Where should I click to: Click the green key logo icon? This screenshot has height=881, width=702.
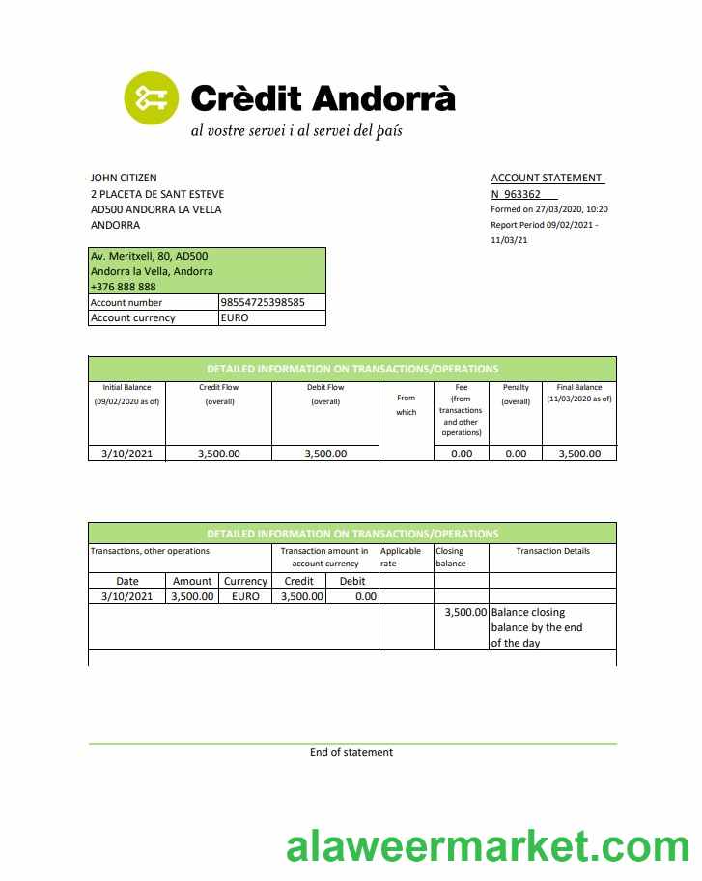click(x=152, y=97)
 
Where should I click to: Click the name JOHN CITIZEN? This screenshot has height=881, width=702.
click(x=124, y=178)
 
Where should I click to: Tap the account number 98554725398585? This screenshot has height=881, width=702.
click(x=263, y=302)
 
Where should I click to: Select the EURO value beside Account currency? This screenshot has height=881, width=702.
click(x=235, y=317)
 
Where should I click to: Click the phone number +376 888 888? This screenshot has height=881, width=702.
click(x=123, y=287)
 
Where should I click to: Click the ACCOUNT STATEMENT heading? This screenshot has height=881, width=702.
click(x=547, y=178)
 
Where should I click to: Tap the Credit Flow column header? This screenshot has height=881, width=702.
click(x=219, y=388)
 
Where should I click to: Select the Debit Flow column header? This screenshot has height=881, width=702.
click(x=325, y=388)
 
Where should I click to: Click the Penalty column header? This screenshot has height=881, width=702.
click(x=516, y=388)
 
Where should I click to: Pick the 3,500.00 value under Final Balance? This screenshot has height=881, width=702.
click(x=579, y=454)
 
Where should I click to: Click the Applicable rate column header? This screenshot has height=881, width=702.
click(x=400, y=557)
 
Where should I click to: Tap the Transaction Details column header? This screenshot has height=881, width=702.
click(x=552, y=551)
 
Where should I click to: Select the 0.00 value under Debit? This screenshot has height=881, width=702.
click(x=365, y=596)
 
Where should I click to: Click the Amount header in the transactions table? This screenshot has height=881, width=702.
click(x=192, y=581)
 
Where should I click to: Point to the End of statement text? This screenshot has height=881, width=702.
click(x=351, y=752)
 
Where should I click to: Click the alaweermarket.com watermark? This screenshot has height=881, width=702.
click(x=488, y=847)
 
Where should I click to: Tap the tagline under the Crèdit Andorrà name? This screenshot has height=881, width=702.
click(x=295, y=129)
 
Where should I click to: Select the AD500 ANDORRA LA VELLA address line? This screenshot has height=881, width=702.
click(x=155, y=209)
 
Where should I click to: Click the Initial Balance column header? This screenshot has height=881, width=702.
click(x=126, y=388)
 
